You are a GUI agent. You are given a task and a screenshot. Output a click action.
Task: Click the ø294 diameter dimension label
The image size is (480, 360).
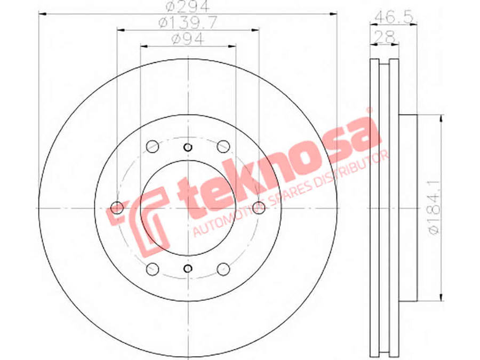click(x=188, y=6)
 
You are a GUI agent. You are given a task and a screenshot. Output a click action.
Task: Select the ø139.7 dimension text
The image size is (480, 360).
click(x=188, y=22)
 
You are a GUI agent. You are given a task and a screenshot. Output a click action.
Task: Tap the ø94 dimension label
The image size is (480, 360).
click(x=188, y=39)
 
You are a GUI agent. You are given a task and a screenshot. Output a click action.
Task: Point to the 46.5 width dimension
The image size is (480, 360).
click(x=394, y=17)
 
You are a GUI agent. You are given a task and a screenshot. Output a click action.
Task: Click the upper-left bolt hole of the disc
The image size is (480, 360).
click(x=153, y=146)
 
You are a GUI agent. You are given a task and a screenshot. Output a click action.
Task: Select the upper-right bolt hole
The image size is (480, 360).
click(x=223, y=146)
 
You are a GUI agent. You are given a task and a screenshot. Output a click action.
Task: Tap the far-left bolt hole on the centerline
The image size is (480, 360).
click(x=117, y=208)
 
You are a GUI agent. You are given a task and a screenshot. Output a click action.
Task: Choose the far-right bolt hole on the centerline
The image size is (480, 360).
click(x=259, y=208)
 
